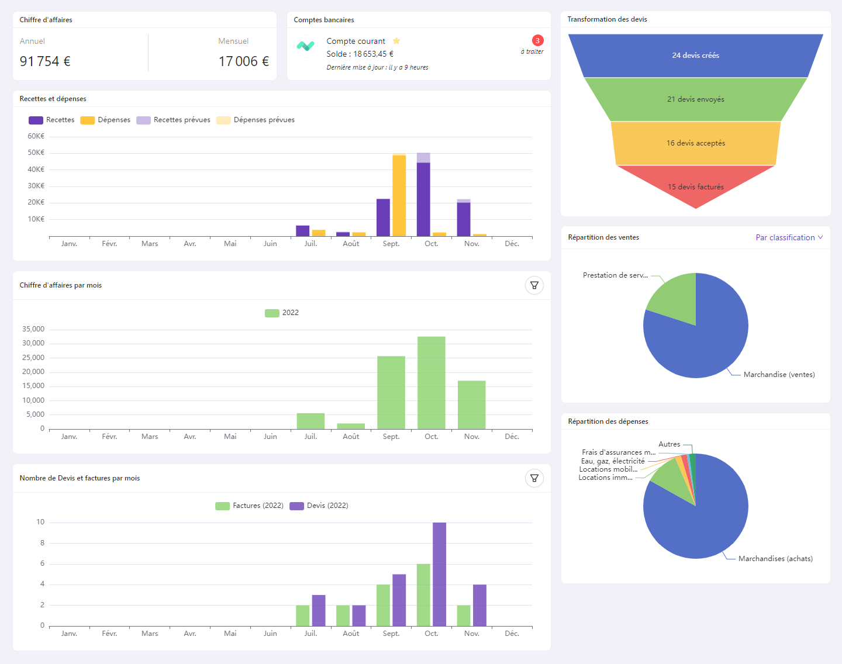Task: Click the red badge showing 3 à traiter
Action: [x=537, y=40]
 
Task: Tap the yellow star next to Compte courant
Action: [x=396, y=41]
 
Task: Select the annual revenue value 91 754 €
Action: [x=45, y=61]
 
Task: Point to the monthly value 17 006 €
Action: [x=243, y=61]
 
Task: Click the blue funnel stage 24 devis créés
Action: [x=695, y=56]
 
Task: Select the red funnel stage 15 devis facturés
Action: [x=695, y=186]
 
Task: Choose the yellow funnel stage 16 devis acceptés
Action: [x=695, y=143]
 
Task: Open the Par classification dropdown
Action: [x=789, y=237]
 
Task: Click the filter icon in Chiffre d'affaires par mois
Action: [x=534, y=285]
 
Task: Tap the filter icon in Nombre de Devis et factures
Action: [x=534, y=478]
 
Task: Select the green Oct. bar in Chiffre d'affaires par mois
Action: [x=431, y=383]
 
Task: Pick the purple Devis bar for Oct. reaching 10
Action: [x=439, y=574]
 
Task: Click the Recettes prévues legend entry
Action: [x=174, y=120]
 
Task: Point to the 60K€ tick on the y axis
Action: [x=36, y=136]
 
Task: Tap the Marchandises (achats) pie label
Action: [x=775, y=559]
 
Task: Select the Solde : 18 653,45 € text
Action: [x=360, y=54]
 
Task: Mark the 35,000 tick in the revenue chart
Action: [x=33, y=329]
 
